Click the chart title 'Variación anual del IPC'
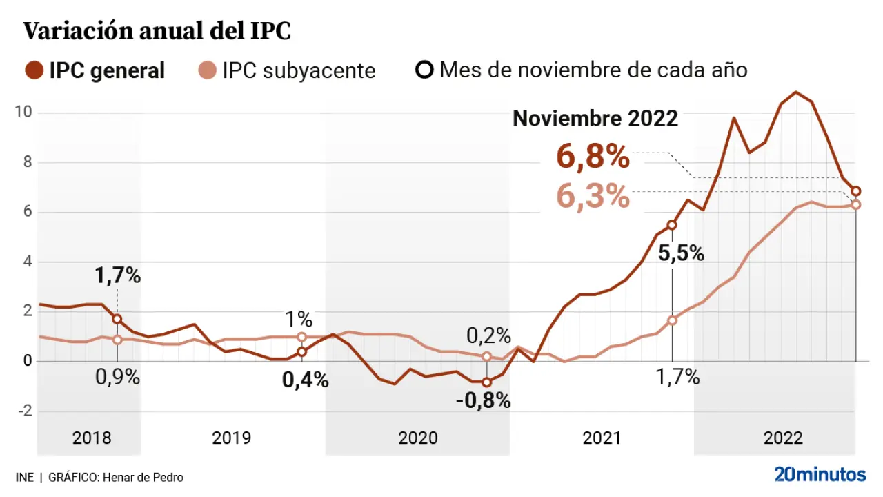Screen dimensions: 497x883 pos(157,32)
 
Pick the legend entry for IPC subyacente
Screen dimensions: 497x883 pos(286,70)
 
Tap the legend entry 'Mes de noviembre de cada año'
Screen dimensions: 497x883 pos(583,70)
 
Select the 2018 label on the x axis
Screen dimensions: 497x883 pos(92,438)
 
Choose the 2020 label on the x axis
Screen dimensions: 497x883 pos(418,438)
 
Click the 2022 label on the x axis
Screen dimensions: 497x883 pos(783,438)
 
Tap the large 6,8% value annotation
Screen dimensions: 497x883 pos(593,157)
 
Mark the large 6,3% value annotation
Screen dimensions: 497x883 pos(593,197)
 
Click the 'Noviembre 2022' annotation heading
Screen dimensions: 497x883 pos(595,118)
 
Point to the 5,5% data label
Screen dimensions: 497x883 pos(681,253)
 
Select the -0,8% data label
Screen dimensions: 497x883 pos(483,400)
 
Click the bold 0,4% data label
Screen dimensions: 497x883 pos(306,380)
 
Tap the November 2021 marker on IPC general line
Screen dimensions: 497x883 pos(672,225)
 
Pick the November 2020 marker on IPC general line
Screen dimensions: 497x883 pos(486,382)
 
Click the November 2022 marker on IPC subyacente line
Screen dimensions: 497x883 pos(856,204)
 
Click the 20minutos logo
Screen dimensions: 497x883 pos(820,475)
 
